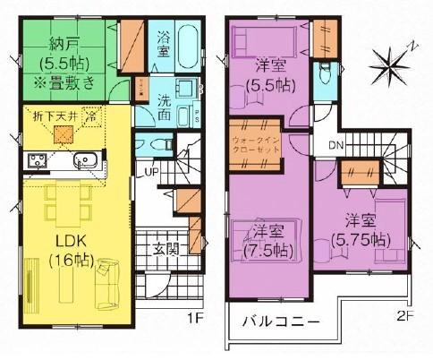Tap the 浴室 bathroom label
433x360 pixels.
click(x=164, y=45)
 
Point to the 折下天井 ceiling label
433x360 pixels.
click(x=51, y=116)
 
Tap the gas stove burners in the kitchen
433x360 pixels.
click(x=38, y=162)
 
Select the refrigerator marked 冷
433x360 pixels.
click(x=91, y=116)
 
